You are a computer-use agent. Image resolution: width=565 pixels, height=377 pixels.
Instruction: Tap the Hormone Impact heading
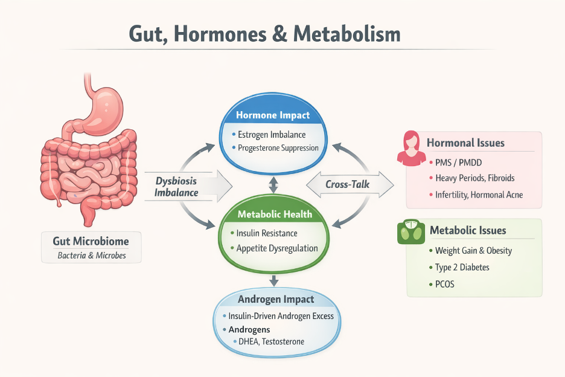click(x=273, y=115)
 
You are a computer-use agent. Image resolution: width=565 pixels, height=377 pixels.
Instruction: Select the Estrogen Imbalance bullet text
click(x=272, y=134)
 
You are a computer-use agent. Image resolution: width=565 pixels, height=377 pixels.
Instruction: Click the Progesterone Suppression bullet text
click(x=278, y=148)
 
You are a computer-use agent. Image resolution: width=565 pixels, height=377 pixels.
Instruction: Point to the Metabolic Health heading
click(x=275, y=214)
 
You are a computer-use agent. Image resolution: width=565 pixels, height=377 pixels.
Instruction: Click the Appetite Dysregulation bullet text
click(x=278, y=248)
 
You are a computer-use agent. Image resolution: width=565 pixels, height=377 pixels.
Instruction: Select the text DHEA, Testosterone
click(x=270, y=341)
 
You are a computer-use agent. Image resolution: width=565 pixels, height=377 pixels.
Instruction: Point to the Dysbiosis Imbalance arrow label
click(x=176, y=187)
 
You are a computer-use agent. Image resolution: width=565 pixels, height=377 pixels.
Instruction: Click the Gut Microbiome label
click(x=91, y=242)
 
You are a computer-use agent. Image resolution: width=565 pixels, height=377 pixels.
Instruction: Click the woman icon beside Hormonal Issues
click(x=411, y=149)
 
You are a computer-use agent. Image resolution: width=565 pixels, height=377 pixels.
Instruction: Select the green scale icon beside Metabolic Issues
click(x=411, y=232)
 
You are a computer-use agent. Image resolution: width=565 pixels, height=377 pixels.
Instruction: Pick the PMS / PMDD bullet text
click(x=458, y=163)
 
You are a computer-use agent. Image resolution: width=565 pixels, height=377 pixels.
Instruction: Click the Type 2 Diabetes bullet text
click(x=462, y=267)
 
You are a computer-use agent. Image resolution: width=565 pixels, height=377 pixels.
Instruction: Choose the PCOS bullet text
click(x=444, y=283)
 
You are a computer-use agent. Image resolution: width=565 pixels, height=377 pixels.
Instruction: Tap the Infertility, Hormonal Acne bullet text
click(x=479, y=195)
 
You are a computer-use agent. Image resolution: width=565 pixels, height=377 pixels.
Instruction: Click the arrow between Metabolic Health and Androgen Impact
click(x=274, y=280)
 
